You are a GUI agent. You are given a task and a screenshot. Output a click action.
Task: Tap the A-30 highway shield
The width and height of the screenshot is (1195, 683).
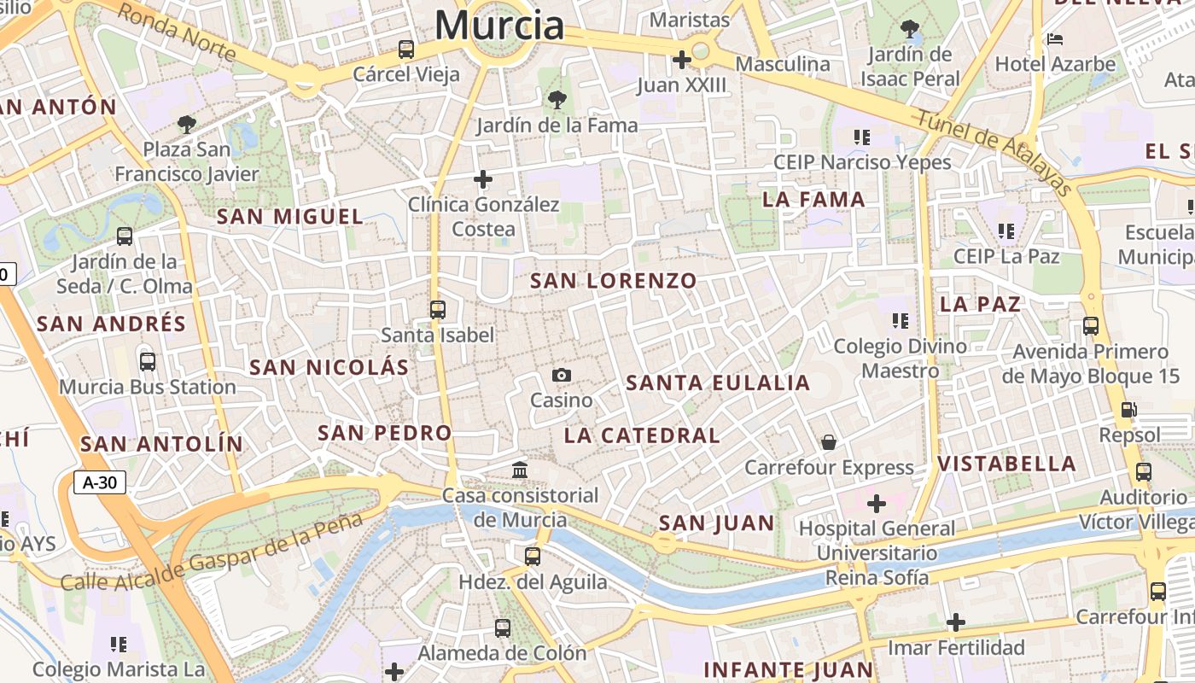tap(100, 482)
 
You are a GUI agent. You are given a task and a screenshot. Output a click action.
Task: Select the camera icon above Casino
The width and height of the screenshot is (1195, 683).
tap(562, 375)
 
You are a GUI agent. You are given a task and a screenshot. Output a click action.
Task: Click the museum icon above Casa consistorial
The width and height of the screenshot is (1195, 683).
tap(520, 470)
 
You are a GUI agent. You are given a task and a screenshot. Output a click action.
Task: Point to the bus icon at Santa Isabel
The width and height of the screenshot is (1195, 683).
tap(438, 310)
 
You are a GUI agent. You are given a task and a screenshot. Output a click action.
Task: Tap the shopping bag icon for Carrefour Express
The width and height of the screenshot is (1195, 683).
tap(828, 441)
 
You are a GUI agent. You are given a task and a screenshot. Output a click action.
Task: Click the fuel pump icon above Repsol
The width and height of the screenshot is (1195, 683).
tap(1128, 409)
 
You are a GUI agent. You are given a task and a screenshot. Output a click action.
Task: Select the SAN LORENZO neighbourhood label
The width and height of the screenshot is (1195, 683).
tap(614, 280)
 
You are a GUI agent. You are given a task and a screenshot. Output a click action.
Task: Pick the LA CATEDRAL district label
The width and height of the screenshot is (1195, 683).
tap(642, 435)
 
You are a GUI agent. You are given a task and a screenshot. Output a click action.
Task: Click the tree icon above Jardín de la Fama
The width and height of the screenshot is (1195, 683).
tap(557, 100)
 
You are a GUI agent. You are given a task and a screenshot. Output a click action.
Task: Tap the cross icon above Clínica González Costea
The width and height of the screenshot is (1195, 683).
tap(483, 179)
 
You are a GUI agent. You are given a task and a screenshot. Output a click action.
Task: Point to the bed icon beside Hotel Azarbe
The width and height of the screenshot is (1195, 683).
tap(1055, 39)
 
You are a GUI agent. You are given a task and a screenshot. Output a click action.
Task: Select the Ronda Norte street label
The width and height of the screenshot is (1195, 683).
tap(176, 32)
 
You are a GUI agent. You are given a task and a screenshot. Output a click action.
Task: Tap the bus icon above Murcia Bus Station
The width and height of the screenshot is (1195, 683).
tap(148, 361)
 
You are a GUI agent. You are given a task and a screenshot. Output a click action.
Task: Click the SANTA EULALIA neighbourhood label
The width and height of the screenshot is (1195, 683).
tap(718, 383)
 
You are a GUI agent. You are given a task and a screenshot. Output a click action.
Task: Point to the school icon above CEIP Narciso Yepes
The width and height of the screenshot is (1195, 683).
tap(862, 137)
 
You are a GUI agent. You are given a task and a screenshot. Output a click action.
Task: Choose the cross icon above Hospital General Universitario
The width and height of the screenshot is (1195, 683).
tap(877, 504)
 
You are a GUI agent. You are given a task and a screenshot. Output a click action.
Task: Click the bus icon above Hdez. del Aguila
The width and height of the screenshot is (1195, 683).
tap(533, 557)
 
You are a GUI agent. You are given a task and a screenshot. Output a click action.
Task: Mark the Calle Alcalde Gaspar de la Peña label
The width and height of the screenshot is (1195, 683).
tap(213, 552)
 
